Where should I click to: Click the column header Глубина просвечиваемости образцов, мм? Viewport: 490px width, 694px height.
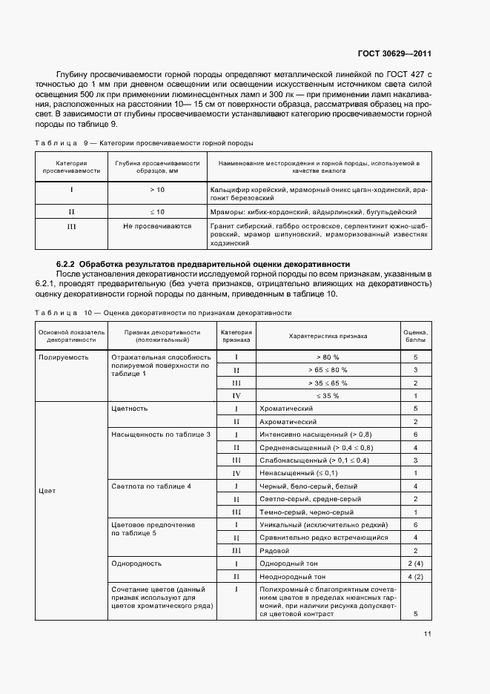pyautogui.click(x=156, y=167)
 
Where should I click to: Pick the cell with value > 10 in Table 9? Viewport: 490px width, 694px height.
pyautogui.click(x=156, y=190)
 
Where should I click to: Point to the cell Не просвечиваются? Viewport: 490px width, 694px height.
pyautogui.click(x=156, y=226)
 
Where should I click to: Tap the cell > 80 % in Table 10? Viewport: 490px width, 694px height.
pyautogui.click(x=327, y=357)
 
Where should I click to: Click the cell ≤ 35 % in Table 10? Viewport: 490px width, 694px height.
pyautogui.click(x=327, y=395)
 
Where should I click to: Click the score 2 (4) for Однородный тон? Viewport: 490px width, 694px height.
pyautogui.click(x=415, y=564)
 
